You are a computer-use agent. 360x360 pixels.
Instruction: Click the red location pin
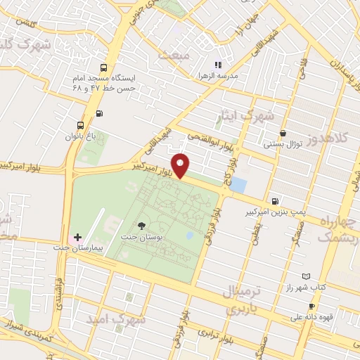pos(181,165)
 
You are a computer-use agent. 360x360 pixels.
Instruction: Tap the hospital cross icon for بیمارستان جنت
pos(77,237)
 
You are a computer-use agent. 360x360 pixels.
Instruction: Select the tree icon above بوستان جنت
pos(143,225)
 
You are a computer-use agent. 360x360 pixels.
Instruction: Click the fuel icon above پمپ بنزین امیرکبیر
pos(274,200)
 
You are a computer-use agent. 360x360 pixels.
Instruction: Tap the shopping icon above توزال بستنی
pos(283,133)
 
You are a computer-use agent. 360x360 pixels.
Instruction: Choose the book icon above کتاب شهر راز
pos(304,277)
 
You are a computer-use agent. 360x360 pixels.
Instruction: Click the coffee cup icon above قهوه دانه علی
pos(311,306)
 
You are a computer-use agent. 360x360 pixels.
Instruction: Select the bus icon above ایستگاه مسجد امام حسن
pos(104,68)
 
